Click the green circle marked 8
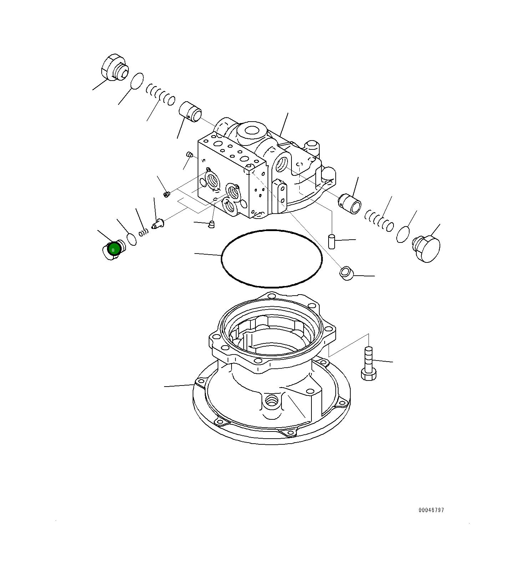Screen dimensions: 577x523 point(113,250)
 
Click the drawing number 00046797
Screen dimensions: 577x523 point(431,510)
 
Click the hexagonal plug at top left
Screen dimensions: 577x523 point(112,68)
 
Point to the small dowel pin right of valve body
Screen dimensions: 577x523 point(331,241)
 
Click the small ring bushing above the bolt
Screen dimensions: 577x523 point(346,274)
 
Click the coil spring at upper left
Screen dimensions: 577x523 point(161,94)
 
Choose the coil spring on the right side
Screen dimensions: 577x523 point(379,220)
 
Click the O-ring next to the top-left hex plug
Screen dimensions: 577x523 point(137,81)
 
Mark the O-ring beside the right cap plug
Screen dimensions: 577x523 point(403,234)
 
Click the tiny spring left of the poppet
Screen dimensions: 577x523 point(143,232)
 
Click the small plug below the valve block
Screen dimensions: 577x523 point(211,225)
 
